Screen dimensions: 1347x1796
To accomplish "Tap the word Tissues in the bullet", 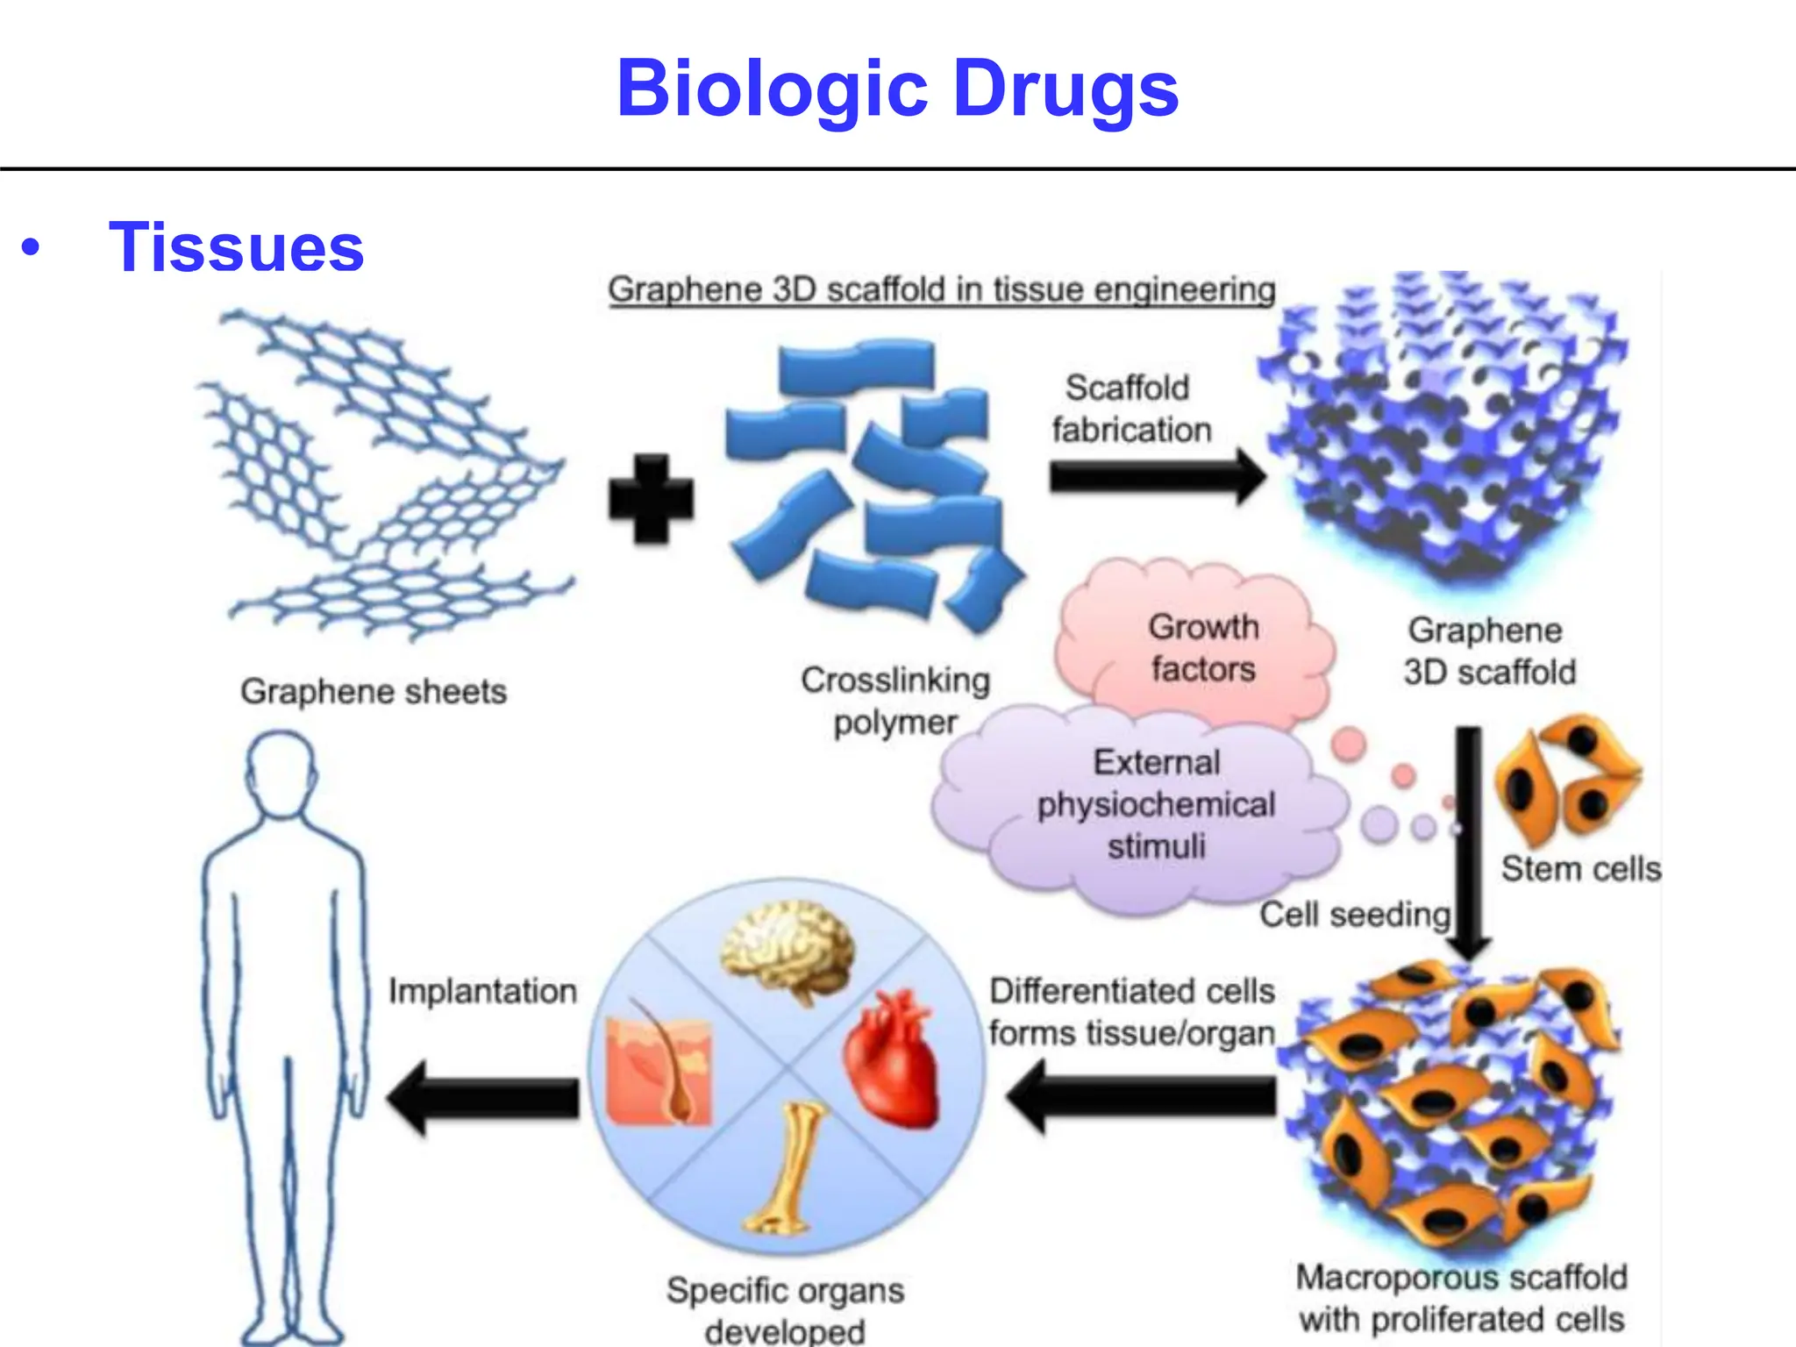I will tap(236, 248).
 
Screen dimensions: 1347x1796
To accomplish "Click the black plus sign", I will tap(651, 497).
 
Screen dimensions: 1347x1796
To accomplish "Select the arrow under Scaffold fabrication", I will tap(1156, 477).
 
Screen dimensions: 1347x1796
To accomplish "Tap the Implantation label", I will tap(482, 992).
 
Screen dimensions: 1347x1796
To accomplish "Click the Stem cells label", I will tap(1580, 869).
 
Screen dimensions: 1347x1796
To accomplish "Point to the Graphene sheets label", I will tap(374, 692).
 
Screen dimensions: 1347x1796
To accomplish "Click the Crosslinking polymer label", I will tap(895, 701).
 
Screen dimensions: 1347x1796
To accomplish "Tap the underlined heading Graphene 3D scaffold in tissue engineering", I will tap(941, 290).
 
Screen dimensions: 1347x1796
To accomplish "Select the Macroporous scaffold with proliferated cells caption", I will tap(1461, 1299).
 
